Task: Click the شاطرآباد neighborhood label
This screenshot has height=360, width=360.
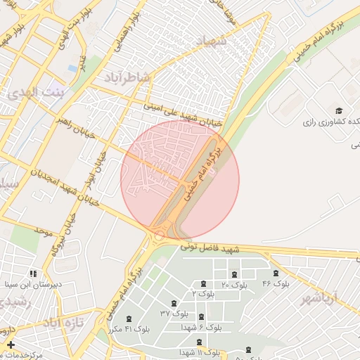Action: tap(127, 77)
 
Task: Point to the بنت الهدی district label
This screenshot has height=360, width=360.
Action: tap(42, 92)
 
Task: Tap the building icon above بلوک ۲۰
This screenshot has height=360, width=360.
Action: tap(234, 274)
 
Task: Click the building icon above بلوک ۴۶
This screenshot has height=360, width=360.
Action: tap(275, 273)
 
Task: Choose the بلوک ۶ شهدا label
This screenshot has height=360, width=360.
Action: tap(205, 327)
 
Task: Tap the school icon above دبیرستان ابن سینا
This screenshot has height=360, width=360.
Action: tap(32, 274)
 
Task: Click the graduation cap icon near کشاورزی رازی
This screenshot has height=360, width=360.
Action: tap(338, 111)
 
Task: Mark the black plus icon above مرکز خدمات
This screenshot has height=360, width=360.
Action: tap(10, 345)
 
